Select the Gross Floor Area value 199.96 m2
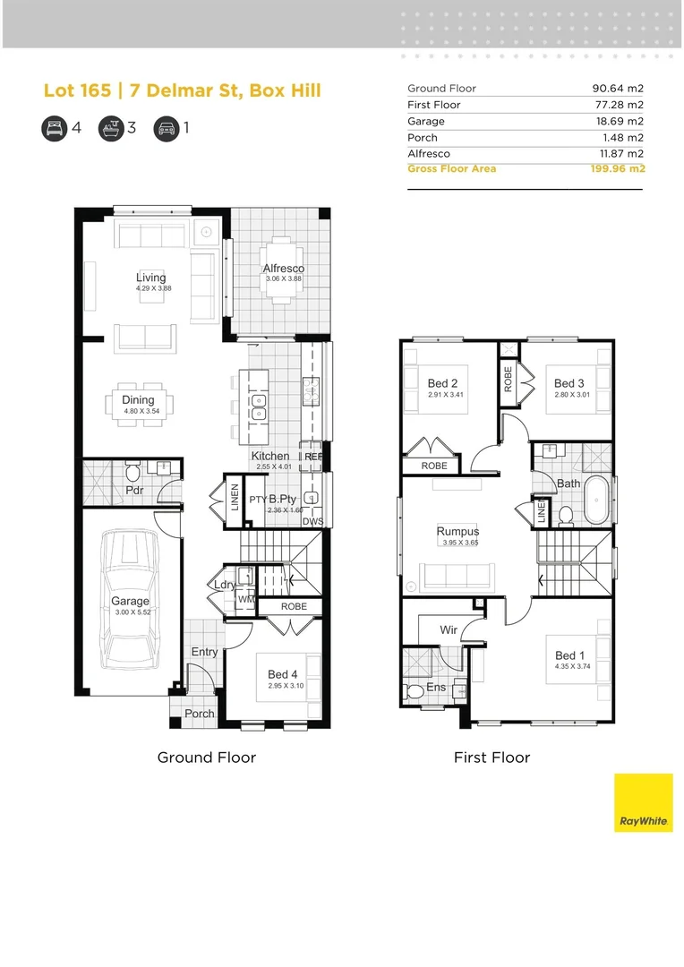(x=617, y=168)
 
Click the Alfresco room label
(x=283, y=269)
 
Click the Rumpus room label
(x=457, y=532)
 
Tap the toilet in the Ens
(x=414, y=691)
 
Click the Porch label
(x=200, y=714)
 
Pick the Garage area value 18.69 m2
(x=618, y=121)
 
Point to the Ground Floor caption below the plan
(x=207, y=757)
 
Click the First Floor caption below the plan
(x=492, y=757)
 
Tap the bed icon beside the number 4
(x=54, y=128)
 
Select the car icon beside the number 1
(x=166, y=128)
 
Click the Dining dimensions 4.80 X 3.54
(x=139, y=410)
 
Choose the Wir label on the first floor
(x=449, y=630)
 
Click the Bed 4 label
(x=283, y=674)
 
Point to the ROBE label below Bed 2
(x=434, y=466)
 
